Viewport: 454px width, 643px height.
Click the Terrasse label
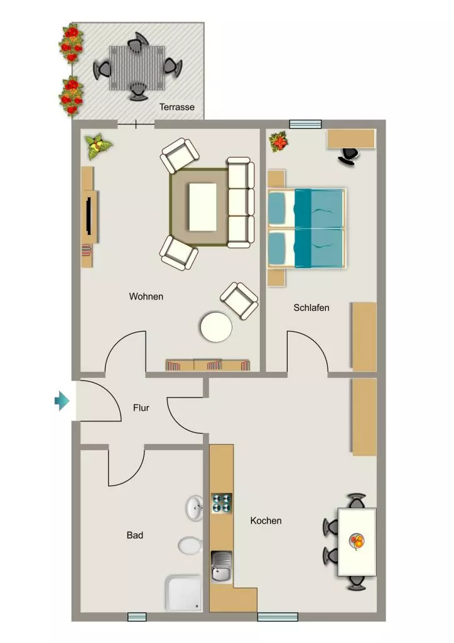click(x=176, y=107)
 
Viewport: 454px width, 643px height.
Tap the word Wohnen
click(x=146, y=296)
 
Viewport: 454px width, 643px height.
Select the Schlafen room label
click(x=311, y=308)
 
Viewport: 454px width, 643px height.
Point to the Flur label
click(x=141, y=408)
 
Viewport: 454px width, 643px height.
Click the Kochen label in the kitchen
click(x=266, y=521)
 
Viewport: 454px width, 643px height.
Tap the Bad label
click(x=135, y=535)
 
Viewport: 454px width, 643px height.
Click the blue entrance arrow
click(x=62, y=401)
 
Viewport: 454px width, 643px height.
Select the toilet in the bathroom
click(x=190, y=546)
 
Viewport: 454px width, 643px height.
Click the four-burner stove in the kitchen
click(x=222, y=504)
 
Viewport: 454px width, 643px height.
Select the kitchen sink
click(x=222, y=567)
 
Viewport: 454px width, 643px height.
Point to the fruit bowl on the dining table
click(x=357, y=541)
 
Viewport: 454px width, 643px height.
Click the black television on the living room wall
click(x=89, y=216)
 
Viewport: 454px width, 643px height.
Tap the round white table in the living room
click(x=216, y=327)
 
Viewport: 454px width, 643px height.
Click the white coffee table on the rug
click(x=203, y=207)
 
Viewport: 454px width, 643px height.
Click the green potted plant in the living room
click(x=99, y=146)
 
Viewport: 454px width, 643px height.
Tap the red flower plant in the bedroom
click(x=279, y=141)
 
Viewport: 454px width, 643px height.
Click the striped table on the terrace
click(x=137, y=68)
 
